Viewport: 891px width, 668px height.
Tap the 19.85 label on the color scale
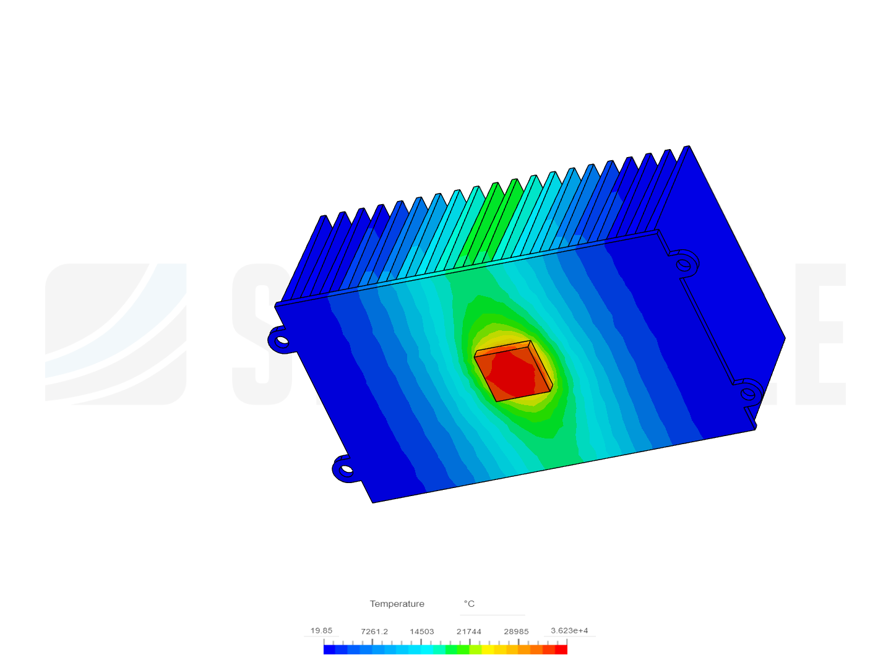coord(321,630)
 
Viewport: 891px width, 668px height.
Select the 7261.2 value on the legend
coord(374,632)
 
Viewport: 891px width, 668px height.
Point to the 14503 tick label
coord(421,632)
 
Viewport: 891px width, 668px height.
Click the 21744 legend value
coord(469,632)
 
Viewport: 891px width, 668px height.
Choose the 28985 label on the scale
coord(516,632)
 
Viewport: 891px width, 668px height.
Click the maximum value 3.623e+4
coord(569,630)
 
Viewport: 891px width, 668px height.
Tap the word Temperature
coord(397,604)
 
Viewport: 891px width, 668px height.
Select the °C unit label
coord(469,604)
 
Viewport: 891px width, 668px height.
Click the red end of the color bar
coord(561,649)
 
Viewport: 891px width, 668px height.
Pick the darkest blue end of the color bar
coord(329,649)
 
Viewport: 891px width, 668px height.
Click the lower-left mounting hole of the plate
coord(346,469)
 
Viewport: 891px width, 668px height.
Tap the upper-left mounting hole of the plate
coord(282,340)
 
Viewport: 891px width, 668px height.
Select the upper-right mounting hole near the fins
coord(684,265)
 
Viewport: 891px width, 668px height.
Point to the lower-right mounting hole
coord(748,393)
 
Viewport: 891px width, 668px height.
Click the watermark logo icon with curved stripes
coord(116,334)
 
